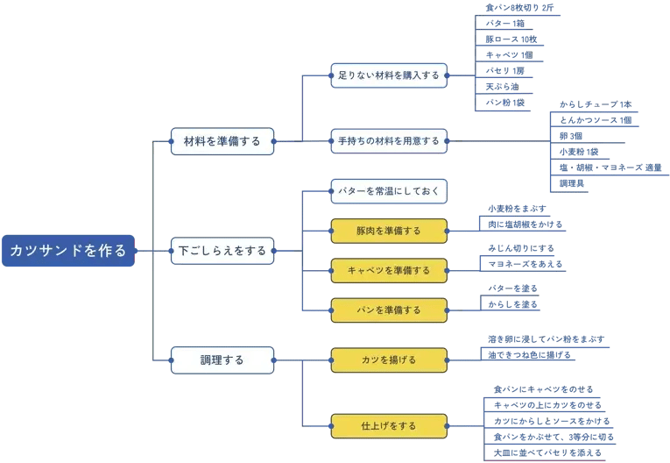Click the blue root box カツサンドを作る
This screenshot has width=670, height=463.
(68, 250)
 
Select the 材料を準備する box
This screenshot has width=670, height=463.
(221, 139)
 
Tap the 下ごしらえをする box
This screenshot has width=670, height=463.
(221, 250)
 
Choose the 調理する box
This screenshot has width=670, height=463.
(221, 360)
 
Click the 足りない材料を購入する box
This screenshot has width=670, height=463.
(389, 75)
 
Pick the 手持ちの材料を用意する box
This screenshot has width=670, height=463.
(389, 140)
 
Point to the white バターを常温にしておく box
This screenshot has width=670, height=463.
(389, 190)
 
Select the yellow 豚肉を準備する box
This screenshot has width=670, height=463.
(389, 231)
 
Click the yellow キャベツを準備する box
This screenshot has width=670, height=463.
(389, 270)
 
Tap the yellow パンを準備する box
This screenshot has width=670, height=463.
(389, 310)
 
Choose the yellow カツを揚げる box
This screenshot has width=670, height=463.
(389, 360)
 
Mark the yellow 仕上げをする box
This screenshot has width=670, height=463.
(389, 426)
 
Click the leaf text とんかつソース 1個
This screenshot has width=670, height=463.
(596, 119)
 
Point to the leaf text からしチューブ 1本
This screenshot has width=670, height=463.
(588, 103)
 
